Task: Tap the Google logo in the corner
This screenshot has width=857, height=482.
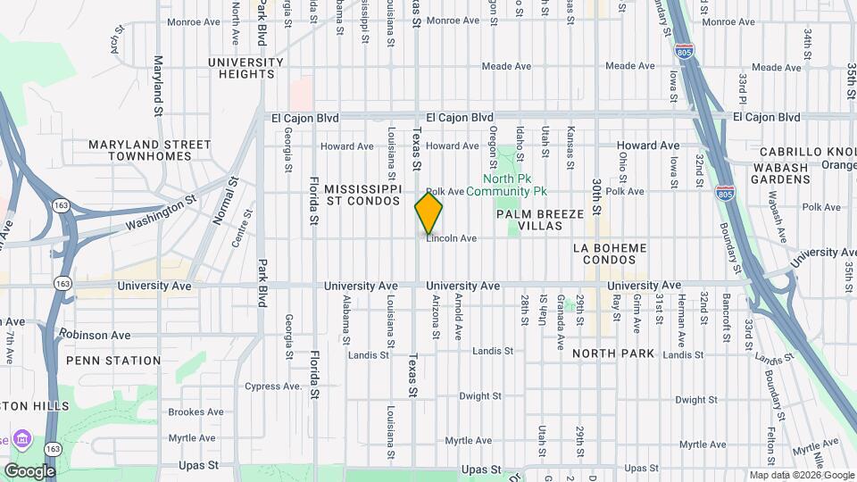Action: [29, 470]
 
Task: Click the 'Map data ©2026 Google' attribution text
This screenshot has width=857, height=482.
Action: [802, 475]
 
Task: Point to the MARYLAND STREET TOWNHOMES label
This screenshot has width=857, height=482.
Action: [150, 150]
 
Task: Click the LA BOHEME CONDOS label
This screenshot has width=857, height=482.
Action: [608, 253]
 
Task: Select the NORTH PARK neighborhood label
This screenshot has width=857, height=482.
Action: [613, 353]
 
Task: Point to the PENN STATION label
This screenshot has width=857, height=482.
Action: [113, 361]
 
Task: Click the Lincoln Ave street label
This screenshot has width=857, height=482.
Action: [452, 238]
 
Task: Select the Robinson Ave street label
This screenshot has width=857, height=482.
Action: [95, 335]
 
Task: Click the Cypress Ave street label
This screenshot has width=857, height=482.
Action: [274, 386]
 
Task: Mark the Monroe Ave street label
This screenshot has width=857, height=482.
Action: [194, 21]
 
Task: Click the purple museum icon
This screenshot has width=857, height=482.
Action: [23, 439]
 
